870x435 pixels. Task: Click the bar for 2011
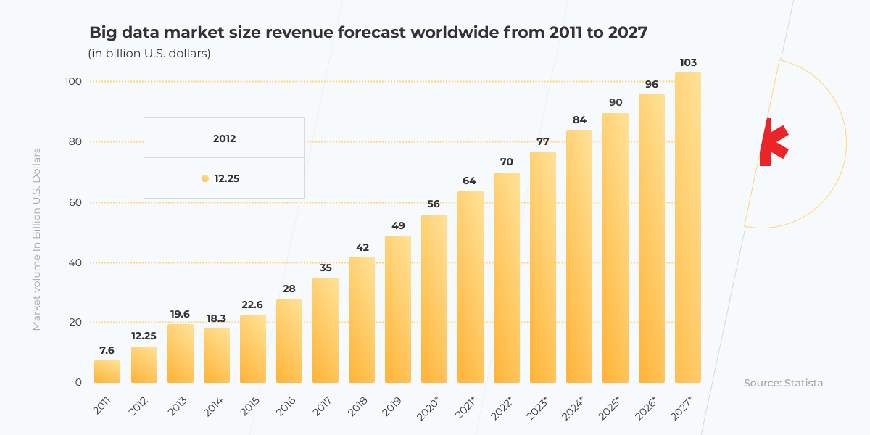(107, 371)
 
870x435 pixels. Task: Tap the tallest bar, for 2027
(687, 228)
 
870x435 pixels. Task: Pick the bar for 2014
(216, 355)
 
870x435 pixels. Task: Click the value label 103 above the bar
(687, 63)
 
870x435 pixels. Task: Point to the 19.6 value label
(180, 314)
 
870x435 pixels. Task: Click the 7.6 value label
(107, 350)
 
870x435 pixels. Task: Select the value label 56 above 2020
(434, 204)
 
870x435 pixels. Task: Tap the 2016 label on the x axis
(284, 406)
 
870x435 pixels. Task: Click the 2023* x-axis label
(537, 407)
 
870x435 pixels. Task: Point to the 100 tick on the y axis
(73, 81)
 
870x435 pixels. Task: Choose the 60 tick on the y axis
(75, 202)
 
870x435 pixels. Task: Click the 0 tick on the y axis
(78, 382)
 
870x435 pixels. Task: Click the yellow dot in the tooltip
(205, 178)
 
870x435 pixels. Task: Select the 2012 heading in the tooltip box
(224, 138)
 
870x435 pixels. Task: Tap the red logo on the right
(773, 142)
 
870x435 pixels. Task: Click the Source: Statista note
(783, 383)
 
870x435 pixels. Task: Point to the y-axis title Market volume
(36, 239)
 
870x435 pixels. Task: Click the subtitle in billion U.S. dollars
(149, 54)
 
